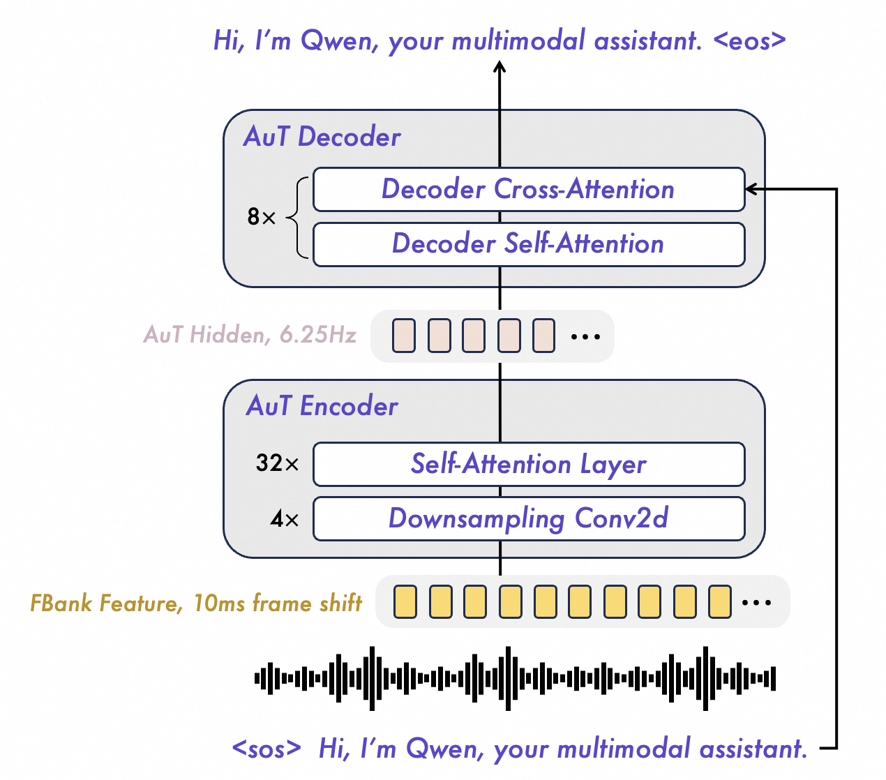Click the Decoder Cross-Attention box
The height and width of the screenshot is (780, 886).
pos(528,189)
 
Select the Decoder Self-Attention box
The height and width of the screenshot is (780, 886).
pos(528,244)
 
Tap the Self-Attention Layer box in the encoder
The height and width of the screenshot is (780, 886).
pos(528,464)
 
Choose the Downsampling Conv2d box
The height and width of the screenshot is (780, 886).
pos(528,518)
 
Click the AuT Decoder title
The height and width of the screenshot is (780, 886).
pos(322,137)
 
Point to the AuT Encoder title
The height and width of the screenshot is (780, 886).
pos(322,406)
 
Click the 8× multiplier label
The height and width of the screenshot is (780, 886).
pos(262,217)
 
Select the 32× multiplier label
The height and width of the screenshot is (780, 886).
pos(277,463)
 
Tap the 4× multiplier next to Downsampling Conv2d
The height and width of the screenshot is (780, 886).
pos(284,519)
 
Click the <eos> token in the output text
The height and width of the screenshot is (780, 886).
pos(749,40)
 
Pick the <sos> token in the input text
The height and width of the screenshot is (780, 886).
pos(266,749)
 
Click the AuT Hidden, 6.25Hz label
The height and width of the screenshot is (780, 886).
pos(250,335)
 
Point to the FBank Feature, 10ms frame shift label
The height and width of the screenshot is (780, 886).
pos(196,603)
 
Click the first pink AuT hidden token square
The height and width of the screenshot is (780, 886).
pos(404,336)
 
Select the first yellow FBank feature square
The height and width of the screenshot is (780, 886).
pos(405,602)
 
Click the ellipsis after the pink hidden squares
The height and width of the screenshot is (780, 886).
pos(585,336)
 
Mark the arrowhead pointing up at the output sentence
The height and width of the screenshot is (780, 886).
pos(500,67)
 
